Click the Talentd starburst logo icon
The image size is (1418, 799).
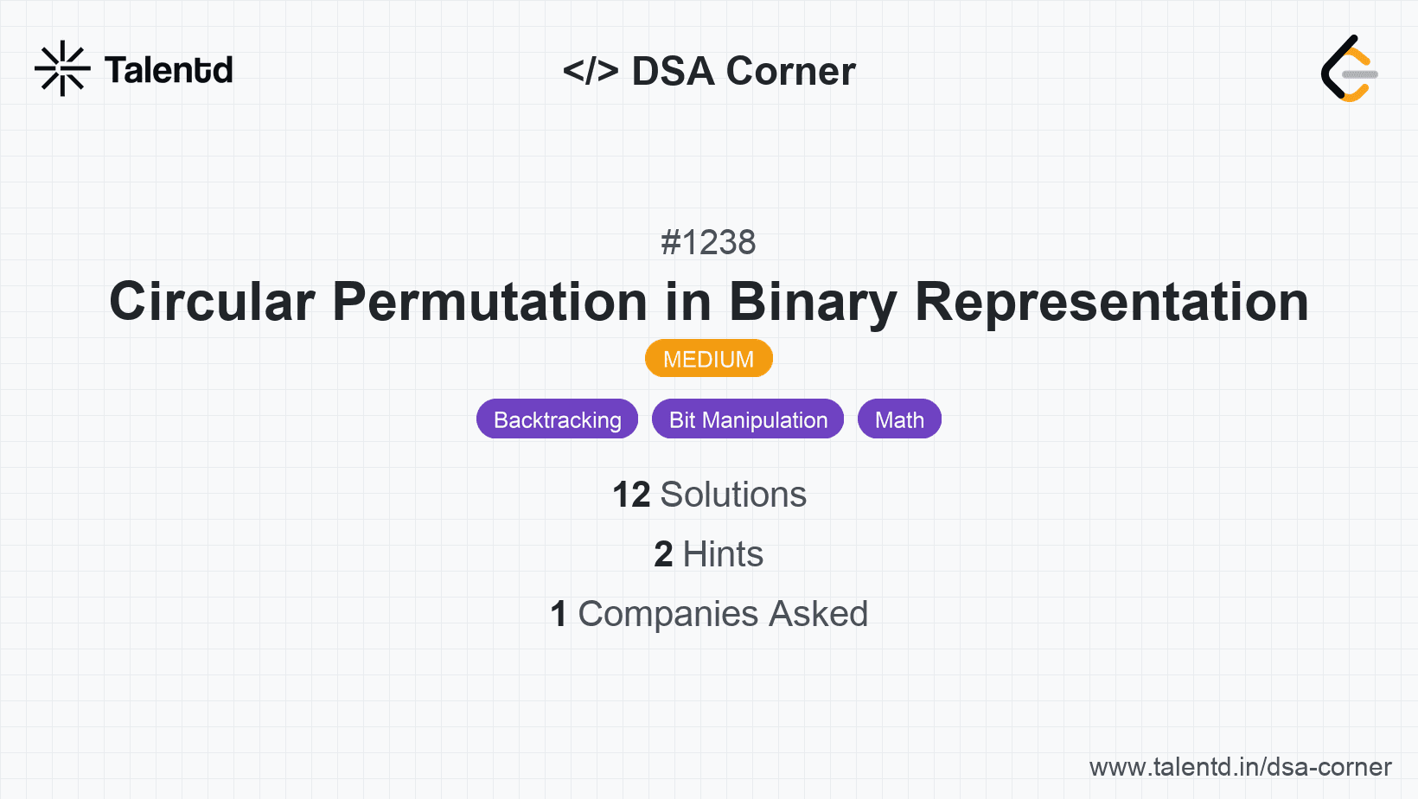tap(62, 68)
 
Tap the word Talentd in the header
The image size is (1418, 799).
tap(169, 70)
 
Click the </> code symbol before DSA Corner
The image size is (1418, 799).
tap(591, 71)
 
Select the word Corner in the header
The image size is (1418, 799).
tap(790, 71)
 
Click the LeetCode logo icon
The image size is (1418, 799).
tap(1349, 69)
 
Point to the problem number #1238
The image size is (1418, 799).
tap(708, 242)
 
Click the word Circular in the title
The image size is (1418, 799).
tap(212, 302)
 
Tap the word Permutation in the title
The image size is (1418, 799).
tap(489, 302)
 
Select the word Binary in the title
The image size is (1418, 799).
tap(813, 302)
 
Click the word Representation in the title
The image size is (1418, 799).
tap(1111, 302)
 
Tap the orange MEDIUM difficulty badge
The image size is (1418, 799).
tap(708, 359)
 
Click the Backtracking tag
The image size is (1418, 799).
tap(557, 419)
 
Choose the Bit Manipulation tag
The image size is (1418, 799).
tap(748, 419)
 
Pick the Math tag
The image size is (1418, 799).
tap(899, 419)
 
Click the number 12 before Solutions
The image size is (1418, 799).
tap(631, 495)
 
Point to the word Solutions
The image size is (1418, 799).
tap(733, 495)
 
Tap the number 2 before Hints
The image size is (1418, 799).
tap(663, 554)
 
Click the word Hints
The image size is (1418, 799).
tap(723, 554)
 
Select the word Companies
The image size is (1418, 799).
tap(668, 614)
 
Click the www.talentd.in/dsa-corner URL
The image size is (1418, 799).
tap(1240, 767)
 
